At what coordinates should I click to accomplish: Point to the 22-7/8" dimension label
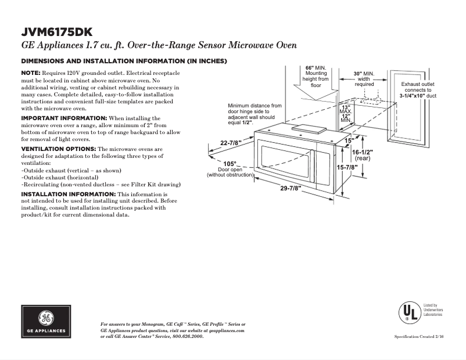(231, 143)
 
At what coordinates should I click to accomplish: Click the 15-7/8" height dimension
(347, 167)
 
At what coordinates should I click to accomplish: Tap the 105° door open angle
(230, 163)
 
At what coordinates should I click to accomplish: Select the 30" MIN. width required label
(364, 74)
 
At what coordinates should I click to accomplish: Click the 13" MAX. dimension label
(346, 109)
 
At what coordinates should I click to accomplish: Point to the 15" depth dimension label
(349, 141)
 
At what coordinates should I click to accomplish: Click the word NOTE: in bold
(30, 73)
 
